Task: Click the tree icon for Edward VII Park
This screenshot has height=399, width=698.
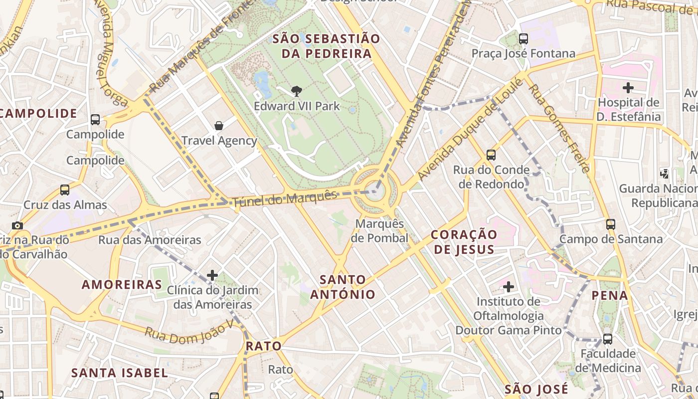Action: (297, 91)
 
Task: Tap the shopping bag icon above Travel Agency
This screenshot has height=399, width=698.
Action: (218, 126)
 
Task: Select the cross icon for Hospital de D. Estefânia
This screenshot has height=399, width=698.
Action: (628, 88)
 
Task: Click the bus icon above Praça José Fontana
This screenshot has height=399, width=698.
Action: (523, 38)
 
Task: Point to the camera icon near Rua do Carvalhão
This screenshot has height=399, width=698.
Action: (17, 225)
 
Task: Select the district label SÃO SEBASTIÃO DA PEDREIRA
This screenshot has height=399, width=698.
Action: (326, 46)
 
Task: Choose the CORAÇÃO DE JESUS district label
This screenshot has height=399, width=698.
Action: (464, 242)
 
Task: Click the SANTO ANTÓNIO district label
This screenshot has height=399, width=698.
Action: (343, 287)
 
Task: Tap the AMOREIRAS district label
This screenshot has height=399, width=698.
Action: (122, 285)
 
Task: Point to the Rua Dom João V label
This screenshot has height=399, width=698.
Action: (189, 334)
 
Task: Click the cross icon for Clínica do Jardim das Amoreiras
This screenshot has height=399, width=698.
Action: (212, 275)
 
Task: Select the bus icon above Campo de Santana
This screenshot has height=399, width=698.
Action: (611, 224)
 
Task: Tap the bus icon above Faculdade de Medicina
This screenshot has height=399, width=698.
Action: (607, 339)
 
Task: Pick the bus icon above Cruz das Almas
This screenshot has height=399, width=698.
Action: (65, 190)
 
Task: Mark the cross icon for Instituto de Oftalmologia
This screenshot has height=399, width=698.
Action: (509, 286)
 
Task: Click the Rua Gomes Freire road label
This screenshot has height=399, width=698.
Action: (559, 127)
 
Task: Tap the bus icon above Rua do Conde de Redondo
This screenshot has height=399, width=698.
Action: (491, 155)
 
